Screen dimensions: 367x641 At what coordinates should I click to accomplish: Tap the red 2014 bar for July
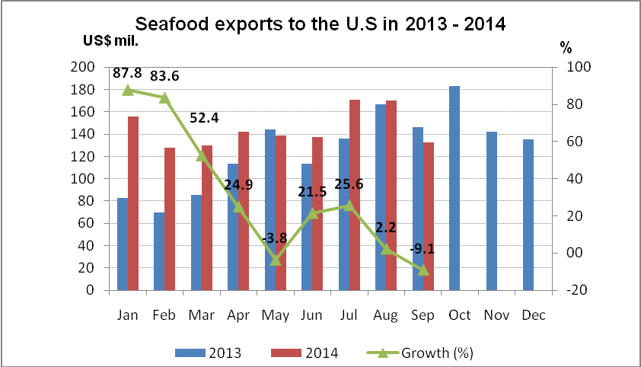354,195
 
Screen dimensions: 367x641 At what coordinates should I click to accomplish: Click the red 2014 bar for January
133,203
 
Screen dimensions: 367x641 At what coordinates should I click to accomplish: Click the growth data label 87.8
127,74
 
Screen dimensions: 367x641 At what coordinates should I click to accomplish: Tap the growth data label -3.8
274,238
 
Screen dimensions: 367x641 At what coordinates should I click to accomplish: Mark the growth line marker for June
312,213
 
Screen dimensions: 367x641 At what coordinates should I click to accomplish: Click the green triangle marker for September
423,270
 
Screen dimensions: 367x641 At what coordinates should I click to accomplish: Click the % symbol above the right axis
566,48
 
